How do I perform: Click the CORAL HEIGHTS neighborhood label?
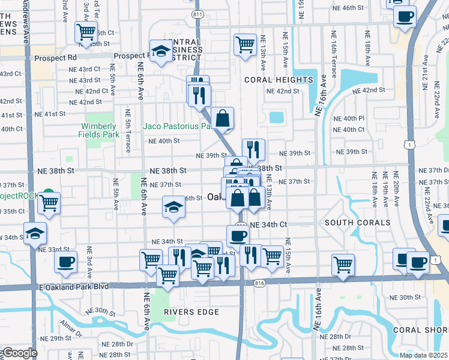[279, 80]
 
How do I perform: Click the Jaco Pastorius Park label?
[178, 127]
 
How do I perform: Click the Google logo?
[19, 353]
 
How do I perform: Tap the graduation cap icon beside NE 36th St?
[173, 207]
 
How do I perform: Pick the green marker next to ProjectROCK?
[47, 196]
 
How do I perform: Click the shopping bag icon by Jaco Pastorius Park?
[222, 118]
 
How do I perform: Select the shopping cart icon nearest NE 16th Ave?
[343, 264]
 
